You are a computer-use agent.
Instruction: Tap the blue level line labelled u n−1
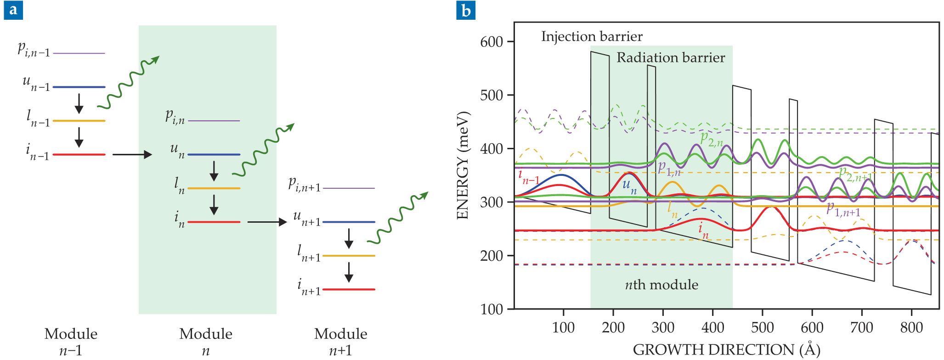pyautogui.click(x=79, y=87)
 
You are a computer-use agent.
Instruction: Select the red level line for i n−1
pyautogui.click(x=79, y=155)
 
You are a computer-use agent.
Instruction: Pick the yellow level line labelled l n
pyautogui.click(x=214, y=188)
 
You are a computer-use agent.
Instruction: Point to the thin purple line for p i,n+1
pyautogui.click(x=349, y=188)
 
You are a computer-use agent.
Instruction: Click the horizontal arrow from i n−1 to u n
pyautogui.click(x=132, y=155)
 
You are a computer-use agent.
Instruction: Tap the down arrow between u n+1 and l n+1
pyautogui.click(x=349, y=238)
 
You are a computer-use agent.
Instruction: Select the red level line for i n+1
pyautogui.click(x=349, y=290)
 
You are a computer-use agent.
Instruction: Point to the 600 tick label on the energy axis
pyautogui.click(x=492, y=42)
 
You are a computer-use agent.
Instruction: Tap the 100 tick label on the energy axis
pyautogui.click(x=492, y=309)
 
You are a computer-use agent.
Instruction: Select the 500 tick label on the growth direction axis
pyautogui.click(x=762, y=327)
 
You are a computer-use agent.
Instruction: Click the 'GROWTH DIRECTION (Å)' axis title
pyautogui.click(x=726, y=350)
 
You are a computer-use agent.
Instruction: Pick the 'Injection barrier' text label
pyautogui.click(x=592, y=36)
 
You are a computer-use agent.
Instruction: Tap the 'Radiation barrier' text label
pyautogui.click(x=670, y=58)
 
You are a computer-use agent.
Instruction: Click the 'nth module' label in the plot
pyautogui.click(x=661, y=285)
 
